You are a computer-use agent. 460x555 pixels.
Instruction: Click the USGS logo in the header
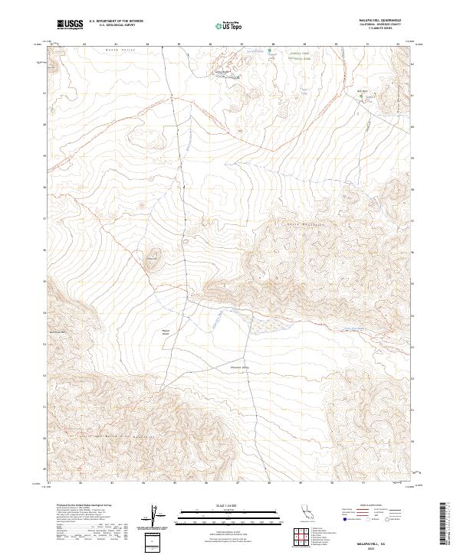pos(70,24)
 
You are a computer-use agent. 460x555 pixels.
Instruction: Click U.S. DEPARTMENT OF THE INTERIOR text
pos(116,22)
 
